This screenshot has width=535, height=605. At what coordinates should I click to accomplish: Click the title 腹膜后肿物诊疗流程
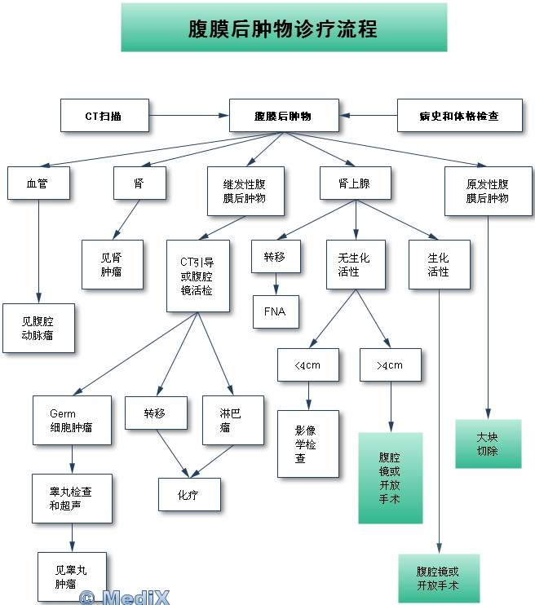point(283,28)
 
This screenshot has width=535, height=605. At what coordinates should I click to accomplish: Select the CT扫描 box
point(104,116)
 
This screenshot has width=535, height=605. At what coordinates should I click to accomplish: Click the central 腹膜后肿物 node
point(282,116)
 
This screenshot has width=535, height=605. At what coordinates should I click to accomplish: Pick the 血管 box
point(38,183)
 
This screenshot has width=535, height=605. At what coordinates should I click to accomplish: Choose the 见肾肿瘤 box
point(112,264)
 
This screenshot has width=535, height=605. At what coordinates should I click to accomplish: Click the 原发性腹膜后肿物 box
point(488,191)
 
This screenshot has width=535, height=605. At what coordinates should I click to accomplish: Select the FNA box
point(275,311)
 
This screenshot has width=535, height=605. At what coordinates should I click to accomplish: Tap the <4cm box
point(308,365)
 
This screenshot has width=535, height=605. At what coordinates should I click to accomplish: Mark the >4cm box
point(391,365)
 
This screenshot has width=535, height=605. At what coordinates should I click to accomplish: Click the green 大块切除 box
point(488,444)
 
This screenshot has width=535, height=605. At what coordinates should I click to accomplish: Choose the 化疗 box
point(188,494)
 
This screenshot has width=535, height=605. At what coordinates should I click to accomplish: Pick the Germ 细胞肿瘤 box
point(71,420)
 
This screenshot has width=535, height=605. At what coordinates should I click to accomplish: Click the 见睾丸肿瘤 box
point(71,576)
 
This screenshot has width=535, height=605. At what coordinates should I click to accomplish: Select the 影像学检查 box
point(307,444)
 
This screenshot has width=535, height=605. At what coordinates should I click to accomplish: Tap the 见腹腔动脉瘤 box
point(38,328)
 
